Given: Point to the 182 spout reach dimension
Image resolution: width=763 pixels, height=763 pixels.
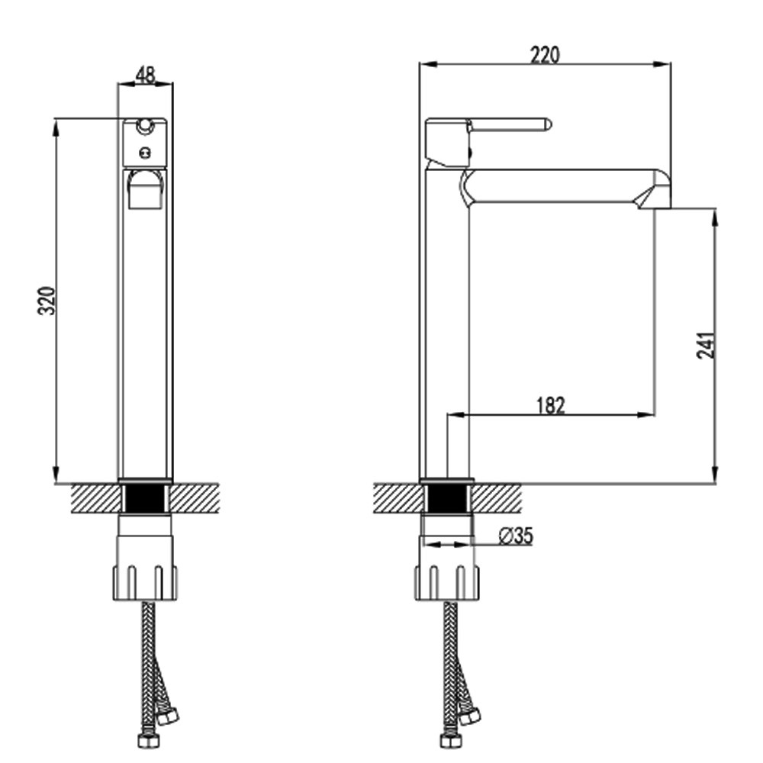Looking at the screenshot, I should pos(550,404).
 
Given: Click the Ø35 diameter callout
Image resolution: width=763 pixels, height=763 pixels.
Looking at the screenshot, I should pos(516,536).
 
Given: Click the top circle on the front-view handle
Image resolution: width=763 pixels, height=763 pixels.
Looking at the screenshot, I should pos(144,124).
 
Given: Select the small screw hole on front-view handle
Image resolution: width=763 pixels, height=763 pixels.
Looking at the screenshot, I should pos(144,151).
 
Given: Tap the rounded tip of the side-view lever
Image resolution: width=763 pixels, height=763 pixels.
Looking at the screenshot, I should pos(546,124).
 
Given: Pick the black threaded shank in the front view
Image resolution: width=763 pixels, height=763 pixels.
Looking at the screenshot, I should pos(145,500).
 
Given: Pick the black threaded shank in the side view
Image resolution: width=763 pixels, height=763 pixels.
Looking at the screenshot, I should pos(447,500).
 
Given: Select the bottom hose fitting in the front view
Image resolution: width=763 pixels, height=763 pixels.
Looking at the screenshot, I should pos(144,740).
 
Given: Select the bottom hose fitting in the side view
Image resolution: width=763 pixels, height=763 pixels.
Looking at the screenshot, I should pos(448,740).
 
